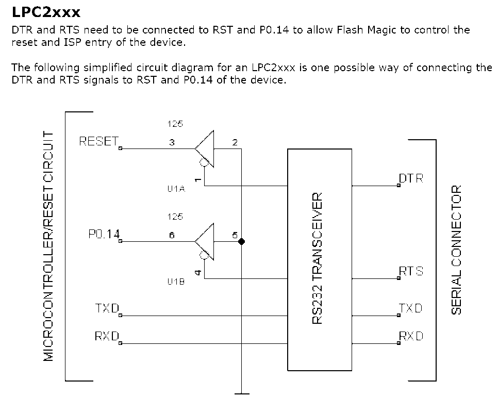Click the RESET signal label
tap(99, 141)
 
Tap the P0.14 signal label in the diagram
tap(104, 235)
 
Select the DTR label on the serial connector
tap(411, 179)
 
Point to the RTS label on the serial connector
tap(411, 271)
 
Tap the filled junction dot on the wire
tap(241, 241)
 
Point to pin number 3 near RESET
tap(172, 143)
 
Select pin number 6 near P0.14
tap(172, 236)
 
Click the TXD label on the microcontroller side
tap(107, 308)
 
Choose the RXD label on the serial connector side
tap(411, 336)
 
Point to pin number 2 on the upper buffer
tap(235, 143)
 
